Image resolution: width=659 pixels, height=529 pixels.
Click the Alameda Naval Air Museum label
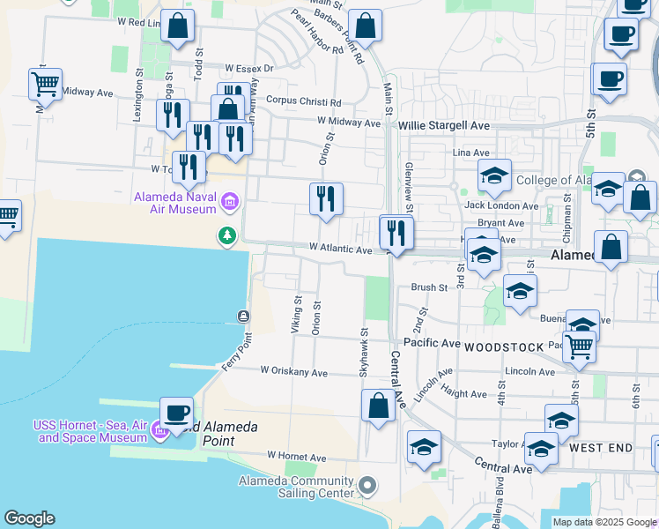pos(174,203)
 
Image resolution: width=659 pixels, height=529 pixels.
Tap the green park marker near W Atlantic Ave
pos(228,235)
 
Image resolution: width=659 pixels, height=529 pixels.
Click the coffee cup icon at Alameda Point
pos(176,413)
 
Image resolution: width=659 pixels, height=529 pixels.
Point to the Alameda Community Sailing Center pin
pos(368,486)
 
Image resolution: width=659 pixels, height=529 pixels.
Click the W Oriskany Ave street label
pos(293,371)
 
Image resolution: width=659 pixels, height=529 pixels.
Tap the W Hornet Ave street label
pos(298,458)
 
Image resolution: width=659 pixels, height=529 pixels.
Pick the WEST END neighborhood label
pos(600,448)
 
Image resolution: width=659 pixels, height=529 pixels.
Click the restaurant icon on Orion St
pos(326,199)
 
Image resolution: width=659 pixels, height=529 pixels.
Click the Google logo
pos(29,518)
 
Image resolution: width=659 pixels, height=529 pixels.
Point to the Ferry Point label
pos(237,351)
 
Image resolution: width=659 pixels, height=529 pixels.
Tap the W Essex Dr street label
pos(249,68)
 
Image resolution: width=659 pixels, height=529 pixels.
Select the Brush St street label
pos(430,287)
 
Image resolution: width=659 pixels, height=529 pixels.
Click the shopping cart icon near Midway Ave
pos(45,85)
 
